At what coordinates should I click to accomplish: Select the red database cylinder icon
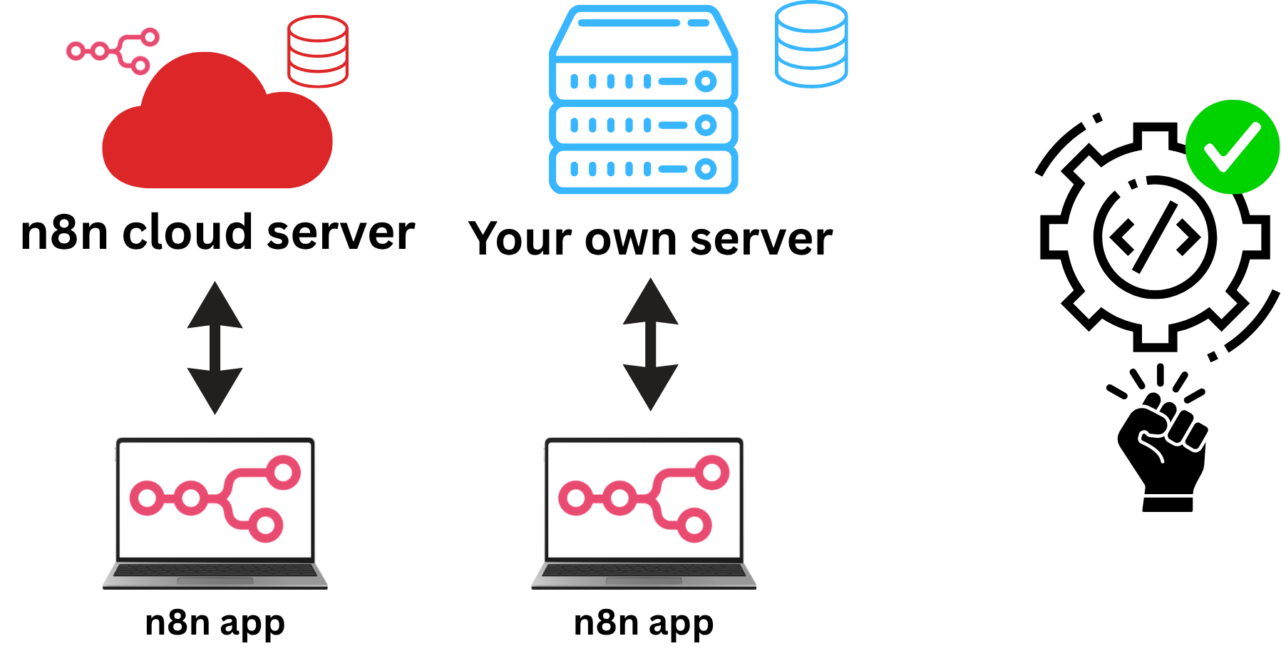click(318, 51)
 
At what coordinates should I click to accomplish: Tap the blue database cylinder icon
click(811, 44)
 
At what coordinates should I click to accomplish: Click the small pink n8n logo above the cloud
click(114, 51)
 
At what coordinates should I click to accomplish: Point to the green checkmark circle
click(1232, 147)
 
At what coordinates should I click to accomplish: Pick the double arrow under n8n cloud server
click(215, 348)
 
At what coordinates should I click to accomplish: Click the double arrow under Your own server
click(650, 344)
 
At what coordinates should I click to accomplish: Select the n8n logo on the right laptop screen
click(644, 498)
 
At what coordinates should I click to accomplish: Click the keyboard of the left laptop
click(215, 570)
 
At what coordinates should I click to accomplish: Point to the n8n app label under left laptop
click(215, 622)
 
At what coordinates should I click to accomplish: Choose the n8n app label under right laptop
click(643, 622)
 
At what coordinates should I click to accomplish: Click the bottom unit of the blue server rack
click(643, 169)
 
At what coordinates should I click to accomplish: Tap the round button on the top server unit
click(706, 81)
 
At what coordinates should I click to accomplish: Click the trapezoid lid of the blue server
click(643, 32)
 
